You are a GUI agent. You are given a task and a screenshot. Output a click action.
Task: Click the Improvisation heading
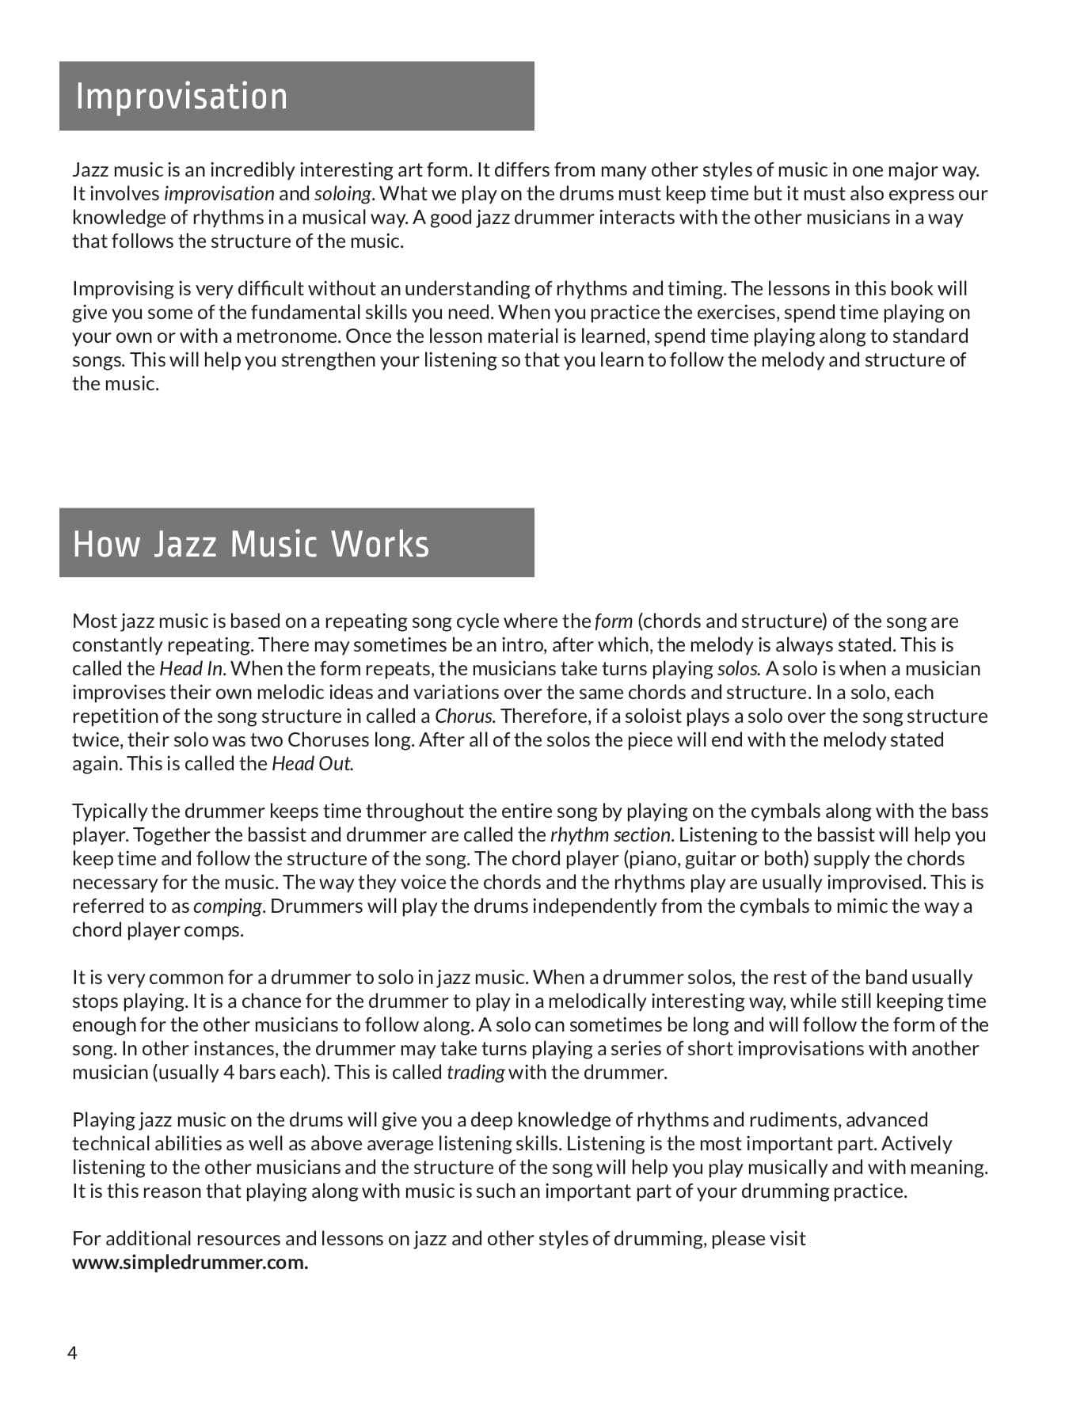click(181, 97)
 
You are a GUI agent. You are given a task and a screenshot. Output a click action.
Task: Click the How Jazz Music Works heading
click(250, 544)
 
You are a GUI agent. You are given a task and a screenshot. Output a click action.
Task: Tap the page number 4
click(72, 1353)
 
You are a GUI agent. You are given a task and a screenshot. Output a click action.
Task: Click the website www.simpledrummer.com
click(190, 1262)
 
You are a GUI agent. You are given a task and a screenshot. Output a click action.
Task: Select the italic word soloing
click(342, 194)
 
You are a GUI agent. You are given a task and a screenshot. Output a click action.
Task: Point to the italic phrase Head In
click(192, 669)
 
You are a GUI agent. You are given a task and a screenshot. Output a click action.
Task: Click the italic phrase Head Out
click(312, 764)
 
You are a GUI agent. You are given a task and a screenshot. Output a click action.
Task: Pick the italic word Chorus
click(464, 716)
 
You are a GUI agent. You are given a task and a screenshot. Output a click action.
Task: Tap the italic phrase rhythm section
click(611, 835)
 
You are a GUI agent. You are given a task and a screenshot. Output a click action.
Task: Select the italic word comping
click(227, 906)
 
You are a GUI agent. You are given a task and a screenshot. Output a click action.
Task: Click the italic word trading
click(475, 1073)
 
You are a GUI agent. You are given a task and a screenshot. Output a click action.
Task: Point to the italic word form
click(613, 621)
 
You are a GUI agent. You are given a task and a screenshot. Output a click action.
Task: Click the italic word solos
click(738, 669)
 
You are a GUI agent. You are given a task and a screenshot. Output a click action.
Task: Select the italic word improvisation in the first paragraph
click(219, 194)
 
